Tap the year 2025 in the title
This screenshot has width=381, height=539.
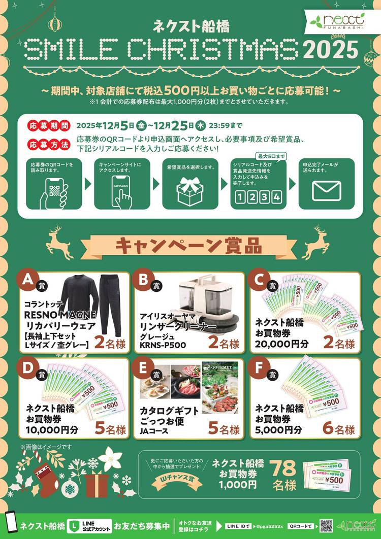pos(331,50)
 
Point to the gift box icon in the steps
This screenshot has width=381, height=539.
pos(190,191)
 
